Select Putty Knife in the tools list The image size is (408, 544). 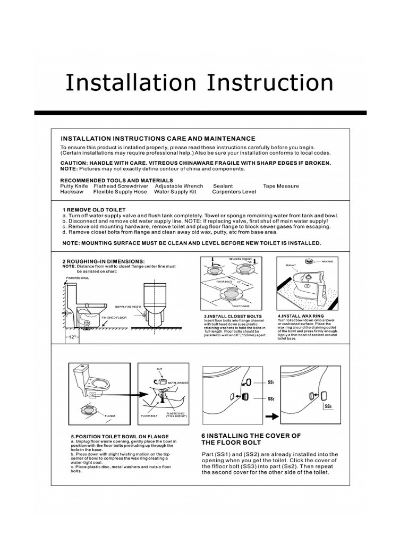[x=74, y=186]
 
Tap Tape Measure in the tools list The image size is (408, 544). [x=280, y=186]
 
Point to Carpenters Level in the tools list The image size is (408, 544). [x=234, y=192]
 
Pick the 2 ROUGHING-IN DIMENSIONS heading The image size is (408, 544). [x=103, y=261]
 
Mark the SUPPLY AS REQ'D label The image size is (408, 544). [x=127, y=307]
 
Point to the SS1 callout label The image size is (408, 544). [x=270, y=382]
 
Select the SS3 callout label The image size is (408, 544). [x=327, y=407]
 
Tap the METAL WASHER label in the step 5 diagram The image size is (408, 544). [x=178, y=382]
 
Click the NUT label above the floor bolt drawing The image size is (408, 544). [x=159, y=368]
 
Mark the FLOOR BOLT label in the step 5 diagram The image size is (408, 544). [x=149, y=415]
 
